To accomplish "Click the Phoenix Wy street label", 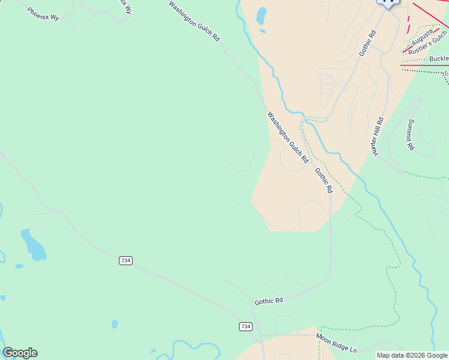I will coord(43,14).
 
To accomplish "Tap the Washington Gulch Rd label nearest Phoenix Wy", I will coord(194,20).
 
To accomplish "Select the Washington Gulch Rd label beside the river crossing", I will coord(288,137).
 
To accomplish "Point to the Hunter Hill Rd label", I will coord(378,136).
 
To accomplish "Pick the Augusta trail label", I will coord(422,40).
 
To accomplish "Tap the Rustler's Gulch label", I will coord(428,47).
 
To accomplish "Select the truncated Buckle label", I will coord(439,59).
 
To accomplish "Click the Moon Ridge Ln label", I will coord(336,343).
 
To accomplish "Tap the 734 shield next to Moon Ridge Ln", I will coord(245,326).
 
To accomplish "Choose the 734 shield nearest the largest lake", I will coord(125,260).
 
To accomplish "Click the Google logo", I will coord(20,353).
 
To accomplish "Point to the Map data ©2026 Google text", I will coord(412,356).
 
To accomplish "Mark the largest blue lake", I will coord(33,245).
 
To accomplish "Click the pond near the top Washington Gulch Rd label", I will coord(261,16).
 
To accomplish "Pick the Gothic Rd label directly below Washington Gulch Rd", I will coord(324,180).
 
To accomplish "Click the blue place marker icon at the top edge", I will coord(388,2).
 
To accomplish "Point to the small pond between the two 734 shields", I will coord(115,324).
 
